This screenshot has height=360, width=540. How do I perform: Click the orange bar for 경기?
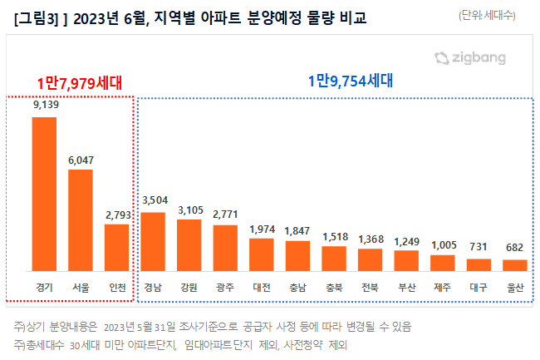pyautogui.click(x=45, y=194)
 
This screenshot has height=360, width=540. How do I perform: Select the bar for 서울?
pyautogui.click(x=81, y=219)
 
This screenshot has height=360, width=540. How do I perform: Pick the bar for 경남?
pyautogui.click(x=154, y=241)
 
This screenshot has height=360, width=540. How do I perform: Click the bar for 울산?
pyautogui.click(x=515, y=264)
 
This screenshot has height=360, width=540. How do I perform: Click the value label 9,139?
pyautogui.click(x=45, y=106)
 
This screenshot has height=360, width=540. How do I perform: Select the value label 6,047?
pyautogui.click(x=81, y=160)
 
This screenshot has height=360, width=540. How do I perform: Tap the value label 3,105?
pyautogui.click(x=189, y=208)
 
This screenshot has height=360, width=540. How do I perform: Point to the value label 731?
pyautogui.click(x=479, y=248)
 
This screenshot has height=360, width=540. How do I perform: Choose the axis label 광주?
pyautogui.click(x=226, y=287)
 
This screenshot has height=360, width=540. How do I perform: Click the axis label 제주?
pyautogui.click(x=443, y=287)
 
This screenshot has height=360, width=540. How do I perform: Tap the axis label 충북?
pyautogui.click(x=334, y=287)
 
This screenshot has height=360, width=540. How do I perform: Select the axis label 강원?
pyautogui.click(x=189, y=287)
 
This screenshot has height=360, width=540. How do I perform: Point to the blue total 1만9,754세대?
pyautogui.click(x=349, y=81)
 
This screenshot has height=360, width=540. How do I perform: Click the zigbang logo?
pyautogui.click(x=469, y=58)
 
